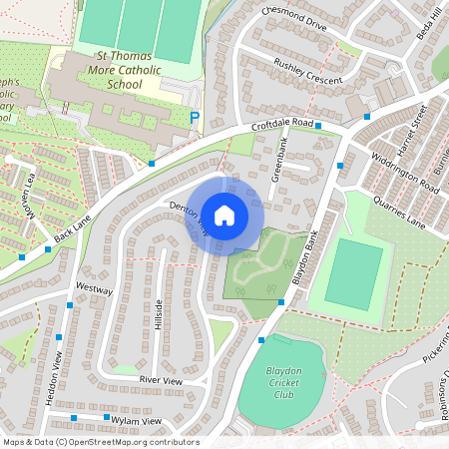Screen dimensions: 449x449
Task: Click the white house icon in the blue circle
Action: click(x=224, y=214)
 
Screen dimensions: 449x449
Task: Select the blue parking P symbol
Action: click(x=195, y=118)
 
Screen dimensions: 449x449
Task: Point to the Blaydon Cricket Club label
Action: click(x=283, y=382)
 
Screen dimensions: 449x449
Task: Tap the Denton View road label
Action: click(x=190, y=217)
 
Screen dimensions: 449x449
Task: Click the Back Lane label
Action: click(x=72, y=238)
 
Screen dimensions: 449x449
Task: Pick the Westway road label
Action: click(x=95, y=288)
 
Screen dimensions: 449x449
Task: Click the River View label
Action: click(x=161, y=380)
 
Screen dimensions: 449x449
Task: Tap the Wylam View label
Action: click(x=136, y=421)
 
